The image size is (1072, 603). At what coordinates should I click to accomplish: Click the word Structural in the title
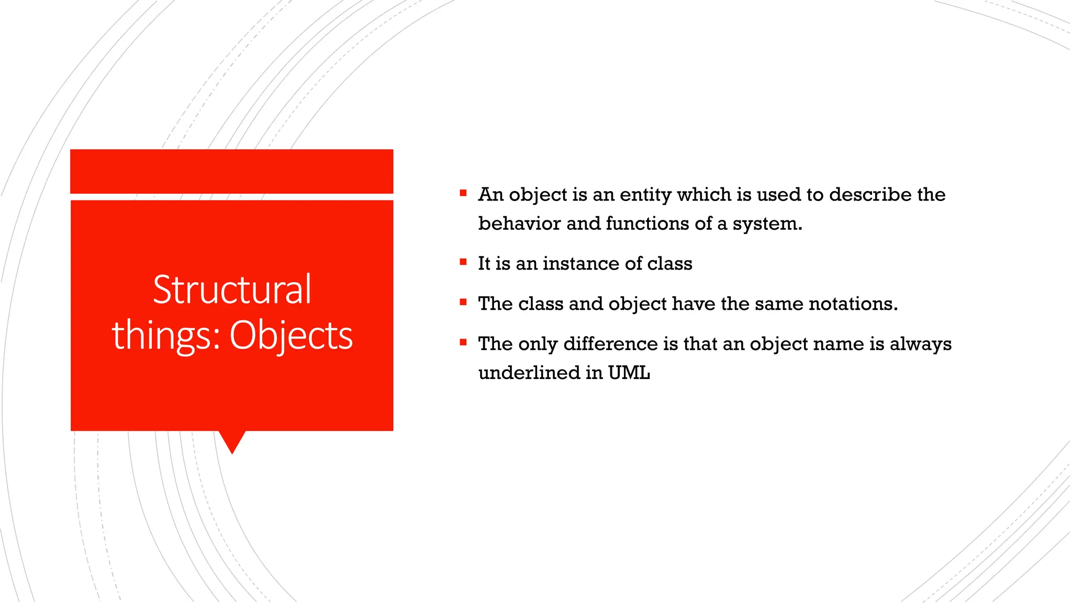point(232,289)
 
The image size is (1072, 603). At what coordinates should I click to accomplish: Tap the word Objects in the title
point(291,336)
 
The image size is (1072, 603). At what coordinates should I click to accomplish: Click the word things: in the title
point(166,336)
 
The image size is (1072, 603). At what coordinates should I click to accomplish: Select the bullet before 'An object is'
point(463,193)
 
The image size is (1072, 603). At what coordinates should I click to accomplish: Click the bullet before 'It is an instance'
point(463,262)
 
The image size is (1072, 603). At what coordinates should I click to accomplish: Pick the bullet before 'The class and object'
point(463,302)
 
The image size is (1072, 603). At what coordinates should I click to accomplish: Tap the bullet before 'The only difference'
point(463,342)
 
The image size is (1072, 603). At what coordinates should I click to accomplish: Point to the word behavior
point(519,224)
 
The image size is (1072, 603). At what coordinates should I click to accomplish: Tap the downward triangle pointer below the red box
point(232,441)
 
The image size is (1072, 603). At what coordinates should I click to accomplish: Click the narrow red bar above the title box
point(232,171)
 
